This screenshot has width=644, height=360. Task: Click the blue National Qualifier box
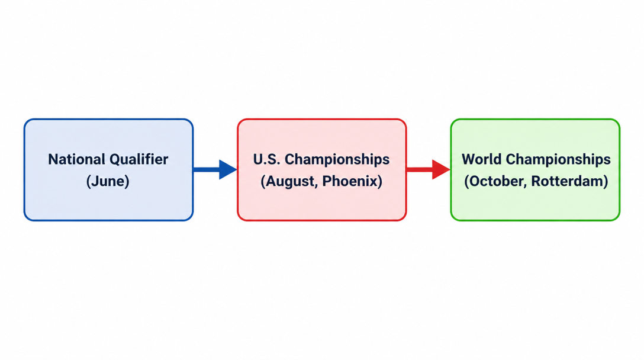point(108,170)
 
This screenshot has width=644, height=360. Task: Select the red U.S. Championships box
point(321,170)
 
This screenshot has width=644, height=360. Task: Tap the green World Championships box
point(535,170)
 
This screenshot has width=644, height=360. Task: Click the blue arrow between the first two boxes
point(215,169)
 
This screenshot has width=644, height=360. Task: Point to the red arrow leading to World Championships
point(429,169)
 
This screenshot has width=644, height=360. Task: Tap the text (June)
point(108,181)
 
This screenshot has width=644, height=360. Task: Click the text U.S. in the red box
point(266,159)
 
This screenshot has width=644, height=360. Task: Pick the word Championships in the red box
point(337,160)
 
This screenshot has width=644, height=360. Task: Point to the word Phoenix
point(350,181)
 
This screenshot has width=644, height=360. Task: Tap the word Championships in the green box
point(558,160)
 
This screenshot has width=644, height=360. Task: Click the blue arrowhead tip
point(237,169)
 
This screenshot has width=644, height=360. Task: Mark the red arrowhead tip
point(450,169)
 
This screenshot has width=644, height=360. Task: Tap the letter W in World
point(469,159)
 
